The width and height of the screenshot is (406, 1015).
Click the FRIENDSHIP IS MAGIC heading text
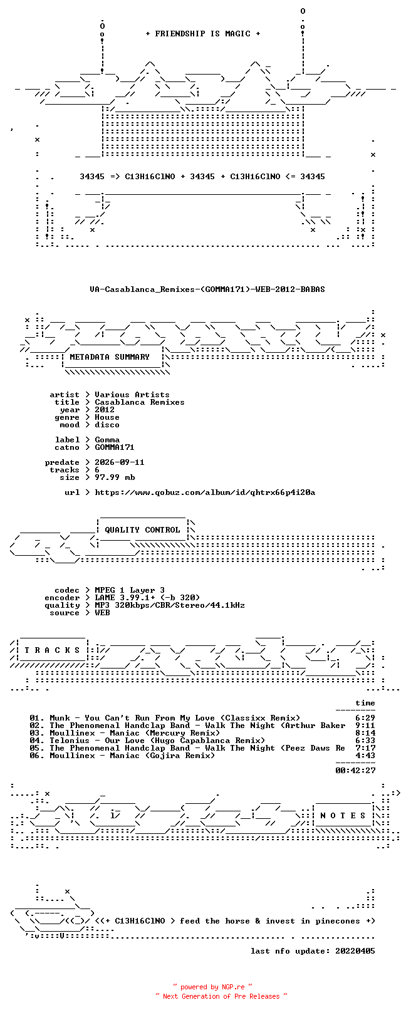[x=202, y=34]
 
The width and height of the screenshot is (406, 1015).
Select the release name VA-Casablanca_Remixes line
[x=207, y=289]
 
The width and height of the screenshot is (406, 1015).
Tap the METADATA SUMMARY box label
[x=109, y=357]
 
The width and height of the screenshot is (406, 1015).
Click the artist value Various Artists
[x=132, y=395]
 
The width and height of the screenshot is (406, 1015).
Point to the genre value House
[x=107, y=417]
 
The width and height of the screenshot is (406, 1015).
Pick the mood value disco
[x=107, y=425]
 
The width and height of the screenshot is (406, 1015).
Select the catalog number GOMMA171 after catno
[x=114, y=447]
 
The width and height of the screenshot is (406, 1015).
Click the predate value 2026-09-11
[x=119, y=462]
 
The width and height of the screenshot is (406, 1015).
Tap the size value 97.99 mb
[x=115, y=477]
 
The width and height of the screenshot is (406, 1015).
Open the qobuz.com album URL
[x=205, y=492]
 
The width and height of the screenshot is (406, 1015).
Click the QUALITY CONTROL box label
[x=142, y=530]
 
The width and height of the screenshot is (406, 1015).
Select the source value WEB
[x=102, y=613]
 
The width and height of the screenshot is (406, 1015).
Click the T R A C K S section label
[x=52, y=650]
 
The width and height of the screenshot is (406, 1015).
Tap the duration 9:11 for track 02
[x=365, y=726]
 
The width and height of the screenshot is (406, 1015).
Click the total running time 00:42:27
[x=355, y=770]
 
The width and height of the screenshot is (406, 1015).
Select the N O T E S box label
[x=343, y=816]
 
